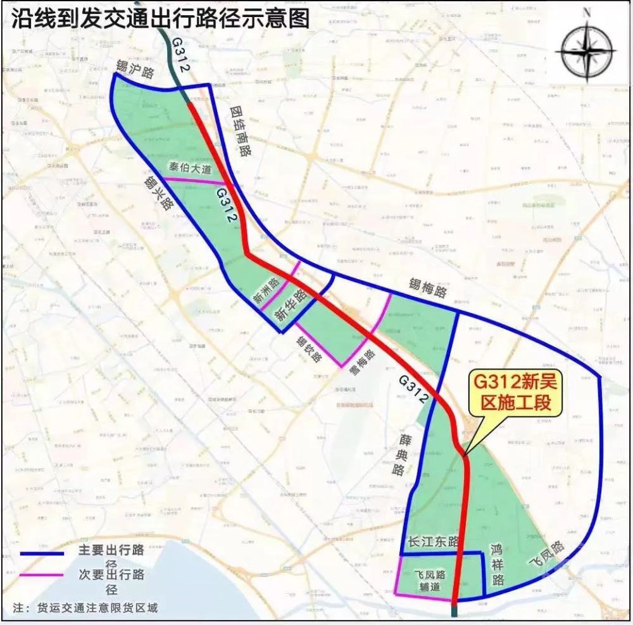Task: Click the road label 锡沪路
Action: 135,70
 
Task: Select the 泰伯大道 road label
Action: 189,168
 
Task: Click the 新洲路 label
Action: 266,292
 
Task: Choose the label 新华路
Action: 291,304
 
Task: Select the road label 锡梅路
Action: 428,290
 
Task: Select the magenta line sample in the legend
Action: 42,575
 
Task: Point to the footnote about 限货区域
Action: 85,608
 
